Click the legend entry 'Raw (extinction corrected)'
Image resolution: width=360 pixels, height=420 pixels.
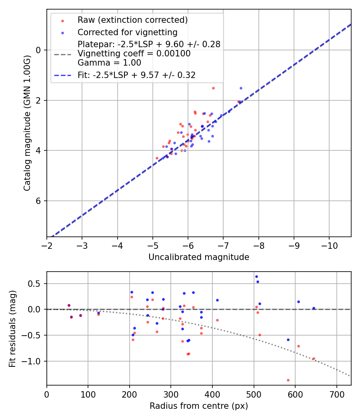point(132,20)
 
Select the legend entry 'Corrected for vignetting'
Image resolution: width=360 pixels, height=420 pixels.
point(127,32)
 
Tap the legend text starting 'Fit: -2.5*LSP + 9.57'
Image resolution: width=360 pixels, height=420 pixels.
point(136,75)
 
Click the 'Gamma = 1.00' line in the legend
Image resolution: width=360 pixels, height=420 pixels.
point(109,63)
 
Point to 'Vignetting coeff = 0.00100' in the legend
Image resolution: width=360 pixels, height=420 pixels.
point(134,54)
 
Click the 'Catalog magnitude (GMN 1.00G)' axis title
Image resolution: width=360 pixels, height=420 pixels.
point(27,122)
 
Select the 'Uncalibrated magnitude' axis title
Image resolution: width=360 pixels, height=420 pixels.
point(199,257)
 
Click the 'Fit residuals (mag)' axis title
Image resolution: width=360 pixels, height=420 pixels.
point(12,328)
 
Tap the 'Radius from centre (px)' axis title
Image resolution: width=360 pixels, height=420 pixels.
point(199,406)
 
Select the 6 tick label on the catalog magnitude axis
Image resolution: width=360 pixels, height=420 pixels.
point(39,201)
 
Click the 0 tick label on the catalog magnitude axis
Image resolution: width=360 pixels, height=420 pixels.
point(39,50)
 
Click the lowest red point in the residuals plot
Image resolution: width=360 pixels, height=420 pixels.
point(288,380)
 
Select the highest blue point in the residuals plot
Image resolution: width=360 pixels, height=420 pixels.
point(256,276)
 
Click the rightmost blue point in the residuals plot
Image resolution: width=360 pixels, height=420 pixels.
point(314,308)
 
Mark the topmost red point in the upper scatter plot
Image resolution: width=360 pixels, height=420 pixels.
point(213,88)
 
